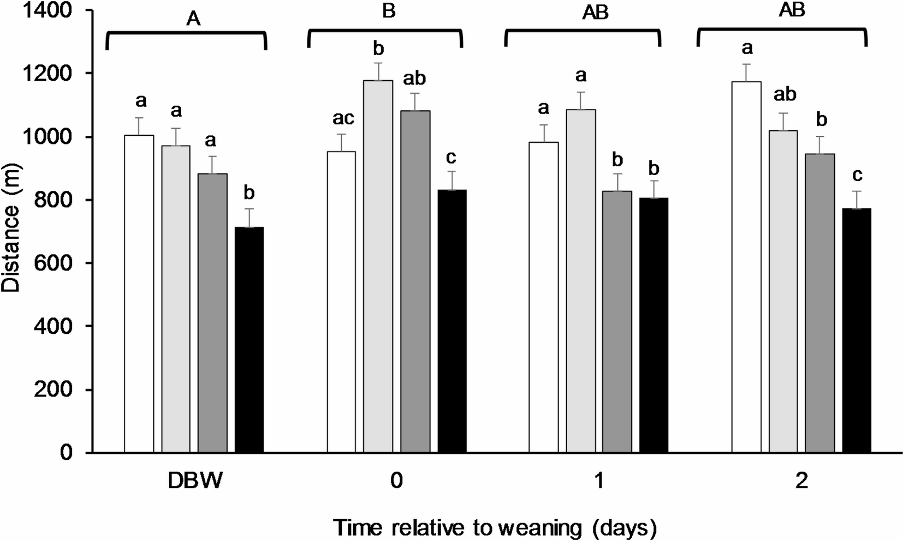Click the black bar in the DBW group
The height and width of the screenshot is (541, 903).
tap(249, 339)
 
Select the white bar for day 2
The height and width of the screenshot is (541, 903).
tap(746, 267)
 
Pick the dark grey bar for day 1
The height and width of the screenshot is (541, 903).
tap(617, 322)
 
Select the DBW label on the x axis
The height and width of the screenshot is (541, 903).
tap(194, 482)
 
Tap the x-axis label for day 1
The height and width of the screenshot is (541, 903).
tap(599, 482)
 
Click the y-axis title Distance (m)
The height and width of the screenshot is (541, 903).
tap(11, 231)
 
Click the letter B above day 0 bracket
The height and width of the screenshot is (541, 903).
tap(388, 11)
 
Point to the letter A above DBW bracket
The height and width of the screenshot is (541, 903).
tap(193, 19)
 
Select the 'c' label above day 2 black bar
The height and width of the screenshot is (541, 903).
tap(857, 175)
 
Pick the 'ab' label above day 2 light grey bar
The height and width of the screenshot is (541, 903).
tap(785, 95)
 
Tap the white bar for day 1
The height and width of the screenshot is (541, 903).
tap(544, 297)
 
